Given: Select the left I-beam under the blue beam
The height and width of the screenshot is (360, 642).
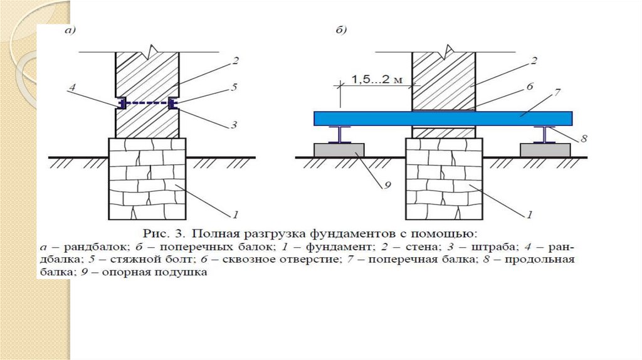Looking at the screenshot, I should [340, 135].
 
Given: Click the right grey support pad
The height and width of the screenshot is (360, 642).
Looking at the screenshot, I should [544, 151].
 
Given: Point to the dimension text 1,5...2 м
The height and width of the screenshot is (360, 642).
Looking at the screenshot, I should [375, 80].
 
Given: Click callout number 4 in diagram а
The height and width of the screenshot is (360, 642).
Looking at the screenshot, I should [72, 89].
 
